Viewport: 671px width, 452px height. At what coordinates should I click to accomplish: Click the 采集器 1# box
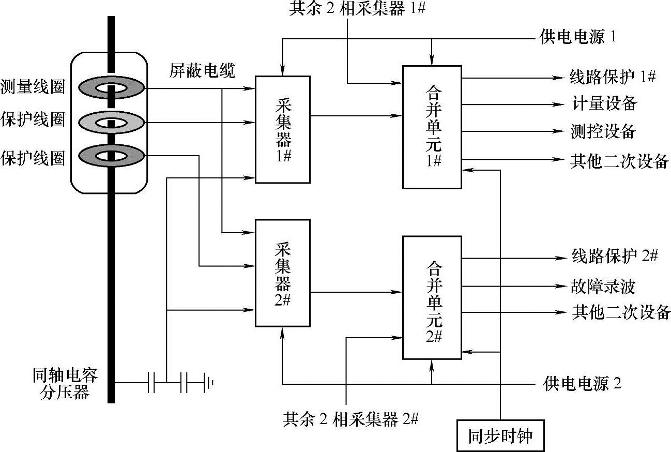[x=283, y=129]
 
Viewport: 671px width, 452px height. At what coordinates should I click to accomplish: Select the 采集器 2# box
[x=283, y=273]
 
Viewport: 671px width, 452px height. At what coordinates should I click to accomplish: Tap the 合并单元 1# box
[x=432, y=127]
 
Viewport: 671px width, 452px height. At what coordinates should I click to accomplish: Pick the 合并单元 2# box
[x=432, y=297]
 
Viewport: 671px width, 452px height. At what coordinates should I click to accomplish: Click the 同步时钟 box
[x=500, y=435]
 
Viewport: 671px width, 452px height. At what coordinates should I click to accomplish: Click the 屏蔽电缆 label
[x=202, y=71]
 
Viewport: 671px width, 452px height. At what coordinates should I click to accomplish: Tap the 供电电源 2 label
[x=582, y=383]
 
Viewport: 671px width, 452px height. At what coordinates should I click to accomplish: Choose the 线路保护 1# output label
[x=613, y=77]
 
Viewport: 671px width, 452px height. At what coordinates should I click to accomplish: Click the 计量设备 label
[x=604, y=103]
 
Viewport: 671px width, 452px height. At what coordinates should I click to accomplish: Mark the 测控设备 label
[x=603, y=131]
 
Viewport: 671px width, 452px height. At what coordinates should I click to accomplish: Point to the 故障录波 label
[x=603, y=286]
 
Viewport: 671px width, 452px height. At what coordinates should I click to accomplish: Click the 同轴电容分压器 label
[x=65, y=383]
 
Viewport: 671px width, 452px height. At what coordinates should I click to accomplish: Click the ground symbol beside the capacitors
[x=209, y=383]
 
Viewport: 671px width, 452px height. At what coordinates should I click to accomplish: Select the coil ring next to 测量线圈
[x=111, y=87]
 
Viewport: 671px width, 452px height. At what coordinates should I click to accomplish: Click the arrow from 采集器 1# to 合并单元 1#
[x=356, y=115]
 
